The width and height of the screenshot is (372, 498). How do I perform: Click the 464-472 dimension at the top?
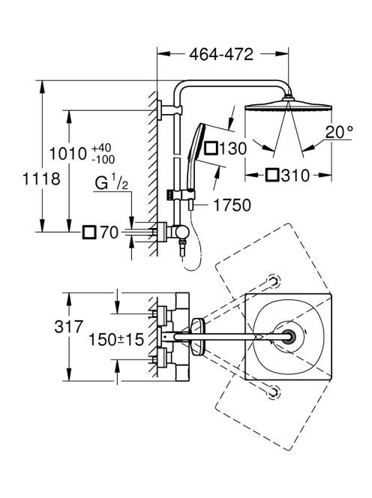pos(221,55)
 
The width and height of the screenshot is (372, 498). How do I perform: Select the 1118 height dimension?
pos(41,178)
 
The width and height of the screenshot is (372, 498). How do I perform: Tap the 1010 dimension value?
pos(68,154)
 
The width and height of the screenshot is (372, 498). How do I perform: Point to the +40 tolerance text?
pos(102,148)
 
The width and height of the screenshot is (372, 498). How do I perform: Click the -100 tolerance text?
pos(103,160)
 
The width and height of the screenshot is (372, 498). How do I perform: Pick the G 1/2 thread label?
pos(112,184)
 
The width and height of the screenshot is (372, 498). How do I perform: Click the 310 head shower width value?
pos(295,175)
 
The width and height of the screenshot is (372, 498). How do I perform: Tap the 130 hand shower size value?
pos(232,148)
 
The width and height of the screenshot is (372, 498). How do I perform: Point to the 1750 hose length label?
pos(232,205)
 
